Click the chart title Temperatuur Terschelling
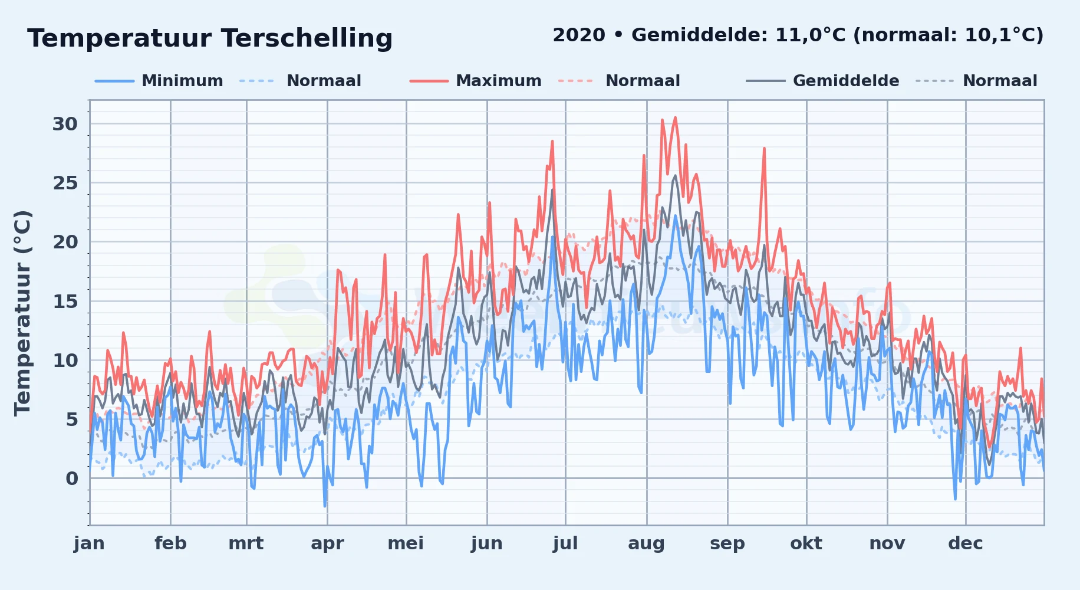click(210, 38)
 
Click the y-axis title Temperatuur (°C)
click(23, 313)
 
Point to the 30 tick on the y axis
click(65, 124)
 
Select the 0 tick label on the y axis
click(72, 478)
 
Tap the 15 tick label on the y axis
click(65, 301)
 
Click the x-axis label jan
click(89, 543)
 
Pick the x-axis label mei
click(406, 543)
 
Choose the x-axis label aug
click(646, 543)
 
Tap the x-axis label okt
click(806, 543)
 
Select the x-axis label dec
click(965, 543)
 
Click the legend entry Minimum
click(182, 81)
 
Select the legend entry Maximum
click(499, 81)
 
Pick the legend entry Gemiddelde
click(846, 81)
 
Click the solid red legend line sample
click(429, 81)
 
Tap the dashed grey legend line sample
click(935, 81)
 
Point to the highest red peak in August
click(675, 117)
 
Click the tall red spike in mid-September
click(764, 148)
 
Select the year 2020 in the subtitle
click(579, 35)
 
